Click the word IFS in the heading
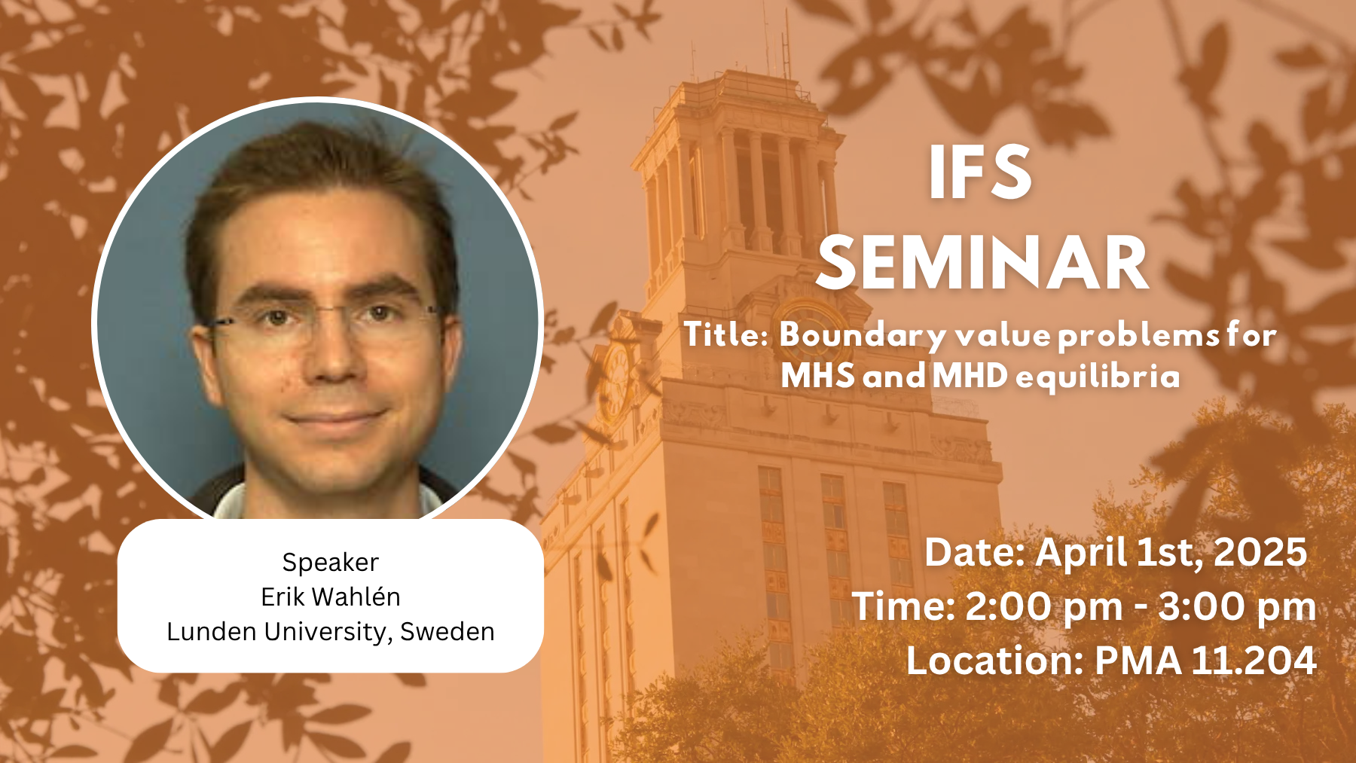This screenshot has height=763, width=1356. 980,172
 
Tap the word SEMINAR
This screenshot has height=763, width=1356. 982,262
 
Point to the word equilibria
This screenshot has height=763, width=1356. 1098,376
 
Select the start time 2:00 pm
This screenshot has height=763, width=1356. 1044,607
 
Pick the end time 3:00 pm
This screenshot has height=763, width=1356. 1237,607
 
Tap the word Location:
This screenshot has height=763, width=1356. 995,661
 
